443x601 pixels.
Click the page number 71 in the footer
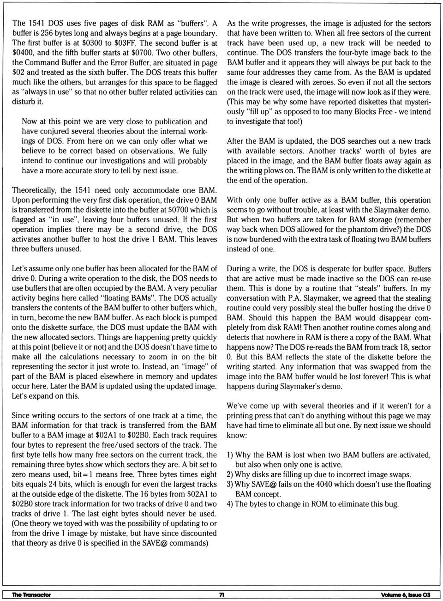(221, 595)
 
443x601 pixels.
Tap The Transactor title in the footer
(31, 595)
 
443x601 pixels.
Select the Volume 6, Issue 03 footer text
(406, 595)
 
